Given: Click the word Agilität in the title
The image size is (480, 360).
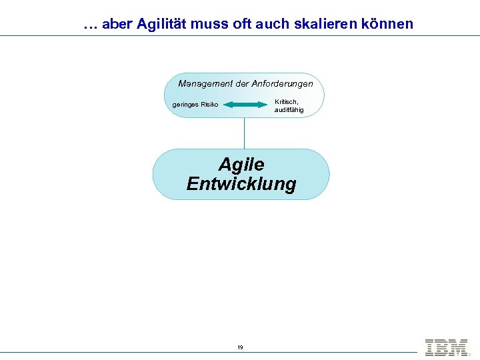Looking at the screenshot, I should [163, 25].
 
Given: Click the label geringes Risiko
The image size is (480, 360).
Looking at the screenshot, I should [195, 105].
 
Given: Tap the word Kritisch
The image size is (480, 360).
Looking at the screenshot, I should [287, 101].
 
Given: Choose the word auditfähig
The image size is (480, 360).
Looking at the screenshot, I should [289, 109].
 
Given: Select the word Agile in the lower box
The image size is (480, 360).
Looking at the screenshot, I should [241, 164].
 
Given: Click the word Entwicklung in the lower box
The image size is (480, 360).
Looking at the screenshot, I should [241, 184].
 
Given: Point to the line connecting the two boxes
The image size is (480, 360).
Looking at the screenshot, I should [244, 133].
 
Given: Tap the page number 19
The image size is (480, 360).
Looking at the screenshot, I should [240, 347].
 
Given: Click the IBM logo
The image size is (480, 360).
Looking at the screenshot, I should [446, 347].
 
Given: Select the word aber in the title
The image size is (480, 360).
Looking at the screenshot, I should [118, 25].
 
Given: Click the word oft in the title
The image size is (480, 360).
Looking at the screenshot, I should [243, 25].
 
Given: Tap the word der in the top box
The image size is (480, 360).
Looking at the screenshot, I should [240, 84].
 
